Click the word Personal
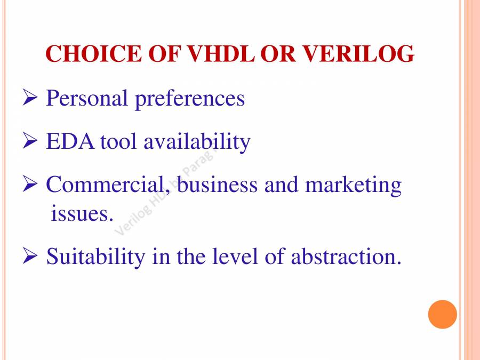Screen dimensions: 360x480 [x=87, y=99]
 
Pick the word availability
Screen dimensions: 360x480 [x=197, y=142]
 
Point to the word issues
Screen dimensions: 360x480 [x=82, y=213]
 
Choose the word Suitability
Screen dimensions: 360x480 [x=95, y=257]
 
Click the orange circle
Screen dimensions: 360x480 [x=443, y=314]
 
